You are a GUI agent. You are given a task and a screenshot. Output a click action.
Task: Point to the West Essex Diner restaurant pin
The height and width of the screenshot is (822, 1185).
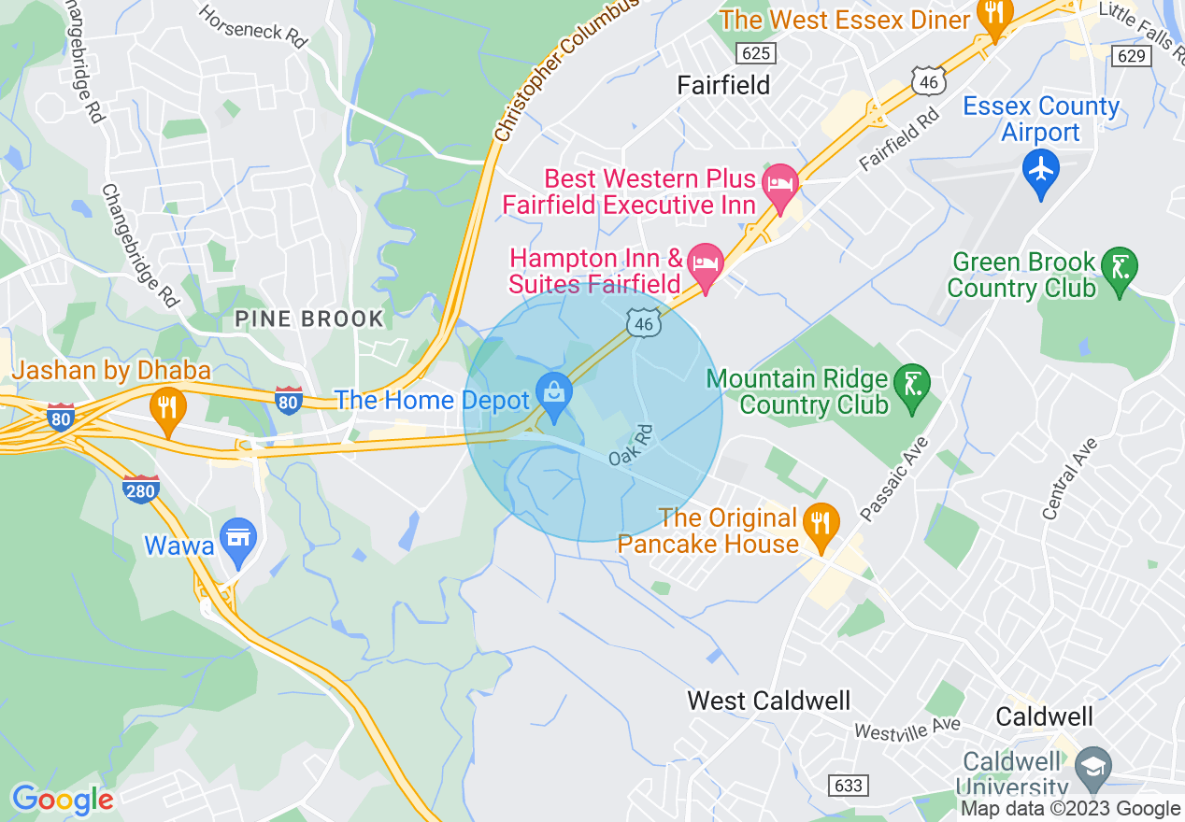[x=993, y=17]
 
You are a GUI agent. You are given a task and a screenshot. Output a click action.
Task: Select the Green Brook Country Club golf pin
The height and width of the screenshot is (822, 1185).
[x=1119, y=269]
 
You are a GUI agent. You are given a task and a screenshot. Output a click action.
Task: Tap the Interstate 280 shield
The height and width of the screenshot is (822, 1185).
[x=141, y=489]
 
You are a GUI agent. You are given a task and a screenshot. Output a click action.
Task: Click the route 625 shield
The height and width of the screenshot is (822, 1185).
[x=754, y=50]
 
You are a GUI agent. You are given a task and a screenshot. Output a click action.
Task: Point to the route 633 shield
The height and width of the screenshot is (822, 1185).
[x=848, y=786]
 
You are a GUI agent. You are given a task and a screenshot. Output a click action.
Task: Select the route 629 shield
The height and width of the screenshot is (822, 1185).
[x=1130, y=56]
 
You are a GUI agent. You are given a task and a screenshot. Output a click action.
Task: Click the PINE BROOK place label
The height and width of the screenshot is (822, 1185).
[x=309, y=319]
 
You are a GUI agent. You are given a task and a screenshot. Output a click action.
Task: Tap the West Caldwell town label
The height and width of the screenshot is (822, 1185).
[x=768, y=701]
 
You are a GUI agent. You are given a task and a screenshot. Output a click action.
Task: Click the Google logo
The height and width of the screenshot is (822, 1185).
[x=63, y=800]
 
